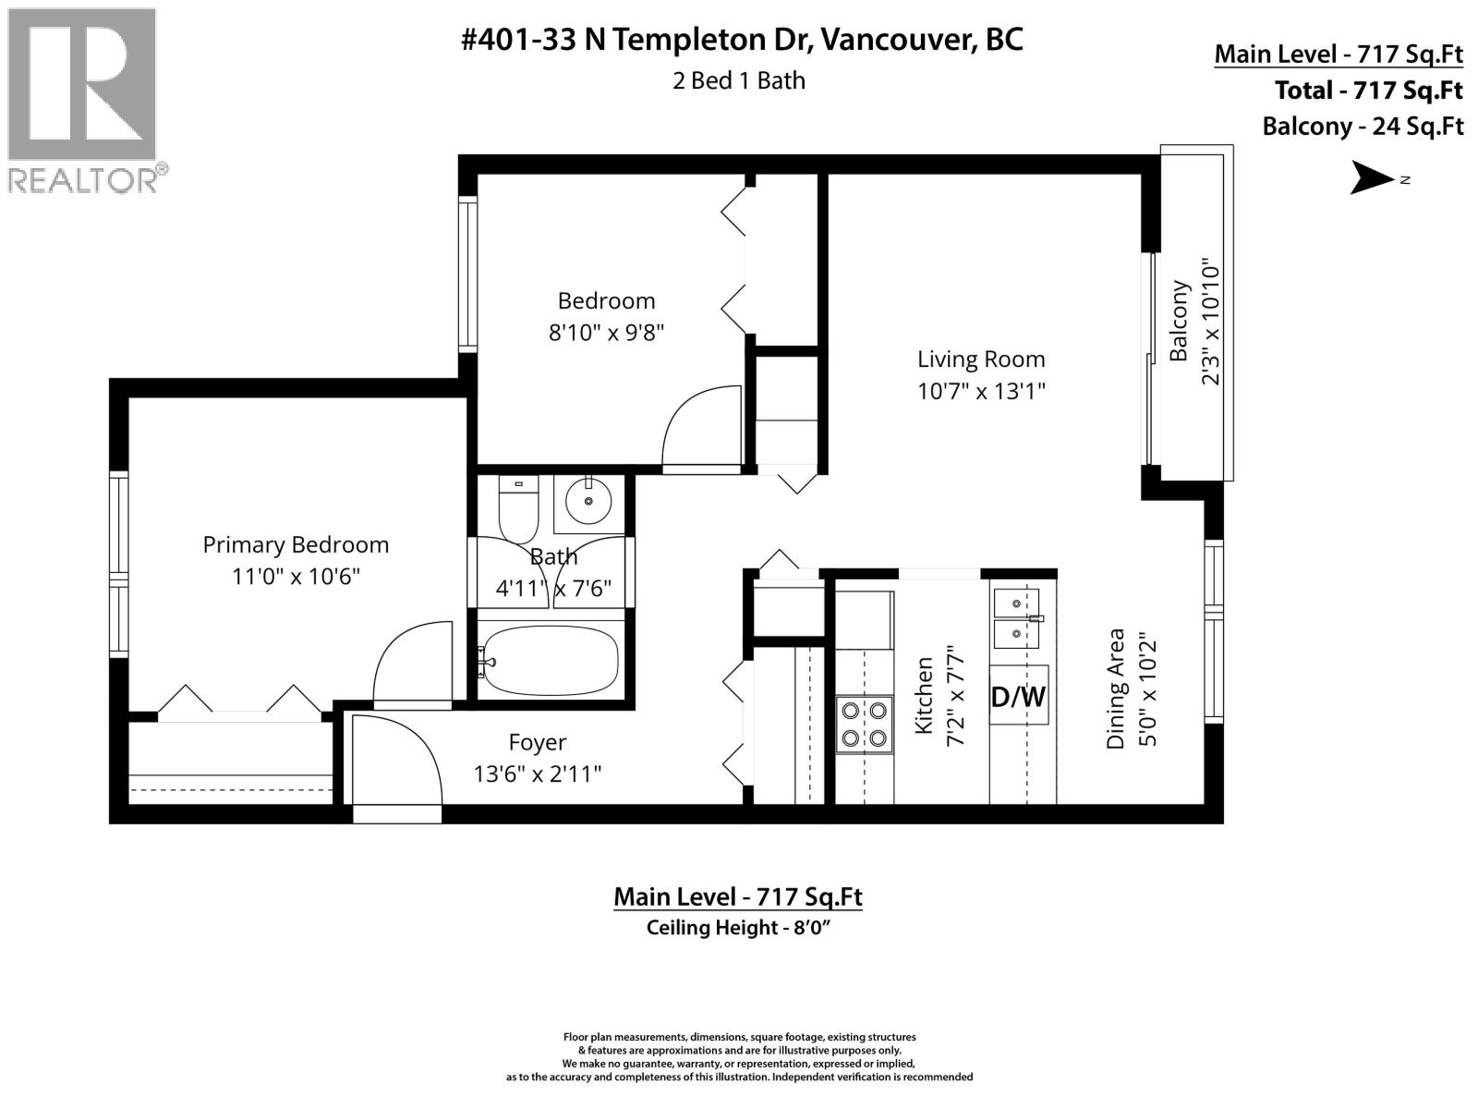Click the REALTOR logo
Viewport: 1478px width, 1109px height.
(82, 99)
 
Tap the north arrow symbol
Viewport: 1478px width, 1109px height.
(1374, 178)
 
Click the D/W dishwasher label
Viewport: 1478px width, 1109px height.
(1018, 696)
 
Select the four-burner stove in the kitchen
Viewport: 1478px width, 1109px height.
(865, 725)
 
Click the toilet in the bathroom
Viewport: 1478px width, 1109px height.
(518, 508)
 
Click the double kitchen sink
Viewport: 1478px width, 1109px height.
(1016, 619)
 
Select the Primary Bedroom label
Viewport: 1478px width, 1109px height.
(296, 544)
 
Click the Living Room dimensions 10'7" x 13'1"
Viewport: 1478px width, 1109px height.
(981, 391)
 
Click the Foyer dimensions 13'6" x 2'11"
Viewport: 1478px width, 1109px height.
(538, 774)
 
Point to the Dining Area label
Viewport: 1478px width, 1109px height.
(1116, 689)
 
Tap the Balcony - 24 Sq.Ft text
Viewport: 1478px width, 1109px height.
(1363, 126)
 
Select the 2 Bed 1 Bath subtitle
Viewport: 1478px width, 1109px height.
(739, 80)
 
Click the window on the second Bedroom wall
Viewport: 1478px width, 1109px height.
(468, 274)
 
